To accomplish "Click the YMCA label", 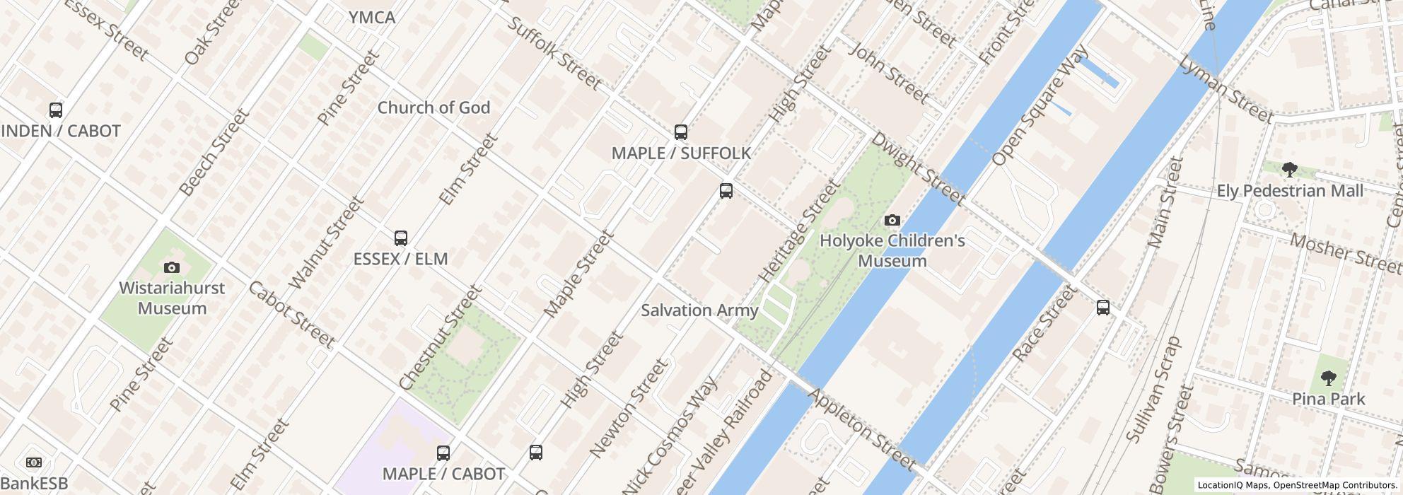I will point(372,18).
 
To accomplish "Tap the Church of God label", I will point(433,107).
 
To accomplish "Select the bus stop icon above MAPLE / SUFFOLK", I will point(680,132).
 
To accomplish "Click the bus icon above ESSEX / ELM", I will point(400,238).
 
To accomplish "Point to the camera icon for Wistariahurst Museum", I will point(171,267).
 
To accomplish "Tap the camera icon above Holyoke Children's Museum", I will point(892,220).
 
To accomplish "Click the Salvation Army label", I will point(699,310).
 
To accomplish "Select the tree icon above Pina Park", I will point(1328,378).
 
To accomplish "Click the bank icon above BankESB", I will point(33,462).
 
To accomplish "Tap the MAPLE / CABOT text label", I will point(443,473).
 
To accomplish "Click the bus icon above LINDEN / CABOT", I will point(56,110).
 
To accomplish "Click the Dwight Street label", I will point(917,168).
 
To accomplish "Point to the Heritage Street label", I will point(798,233).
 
